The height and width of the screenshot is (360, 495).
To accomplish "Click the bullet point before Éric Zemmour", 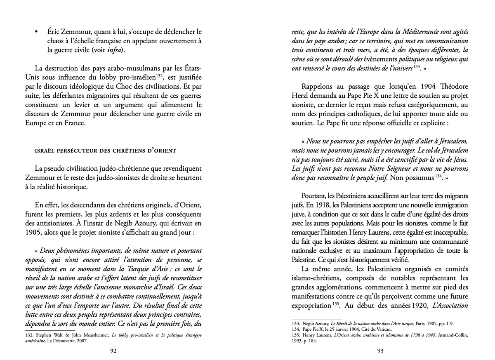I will click(x=37, y=32).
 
